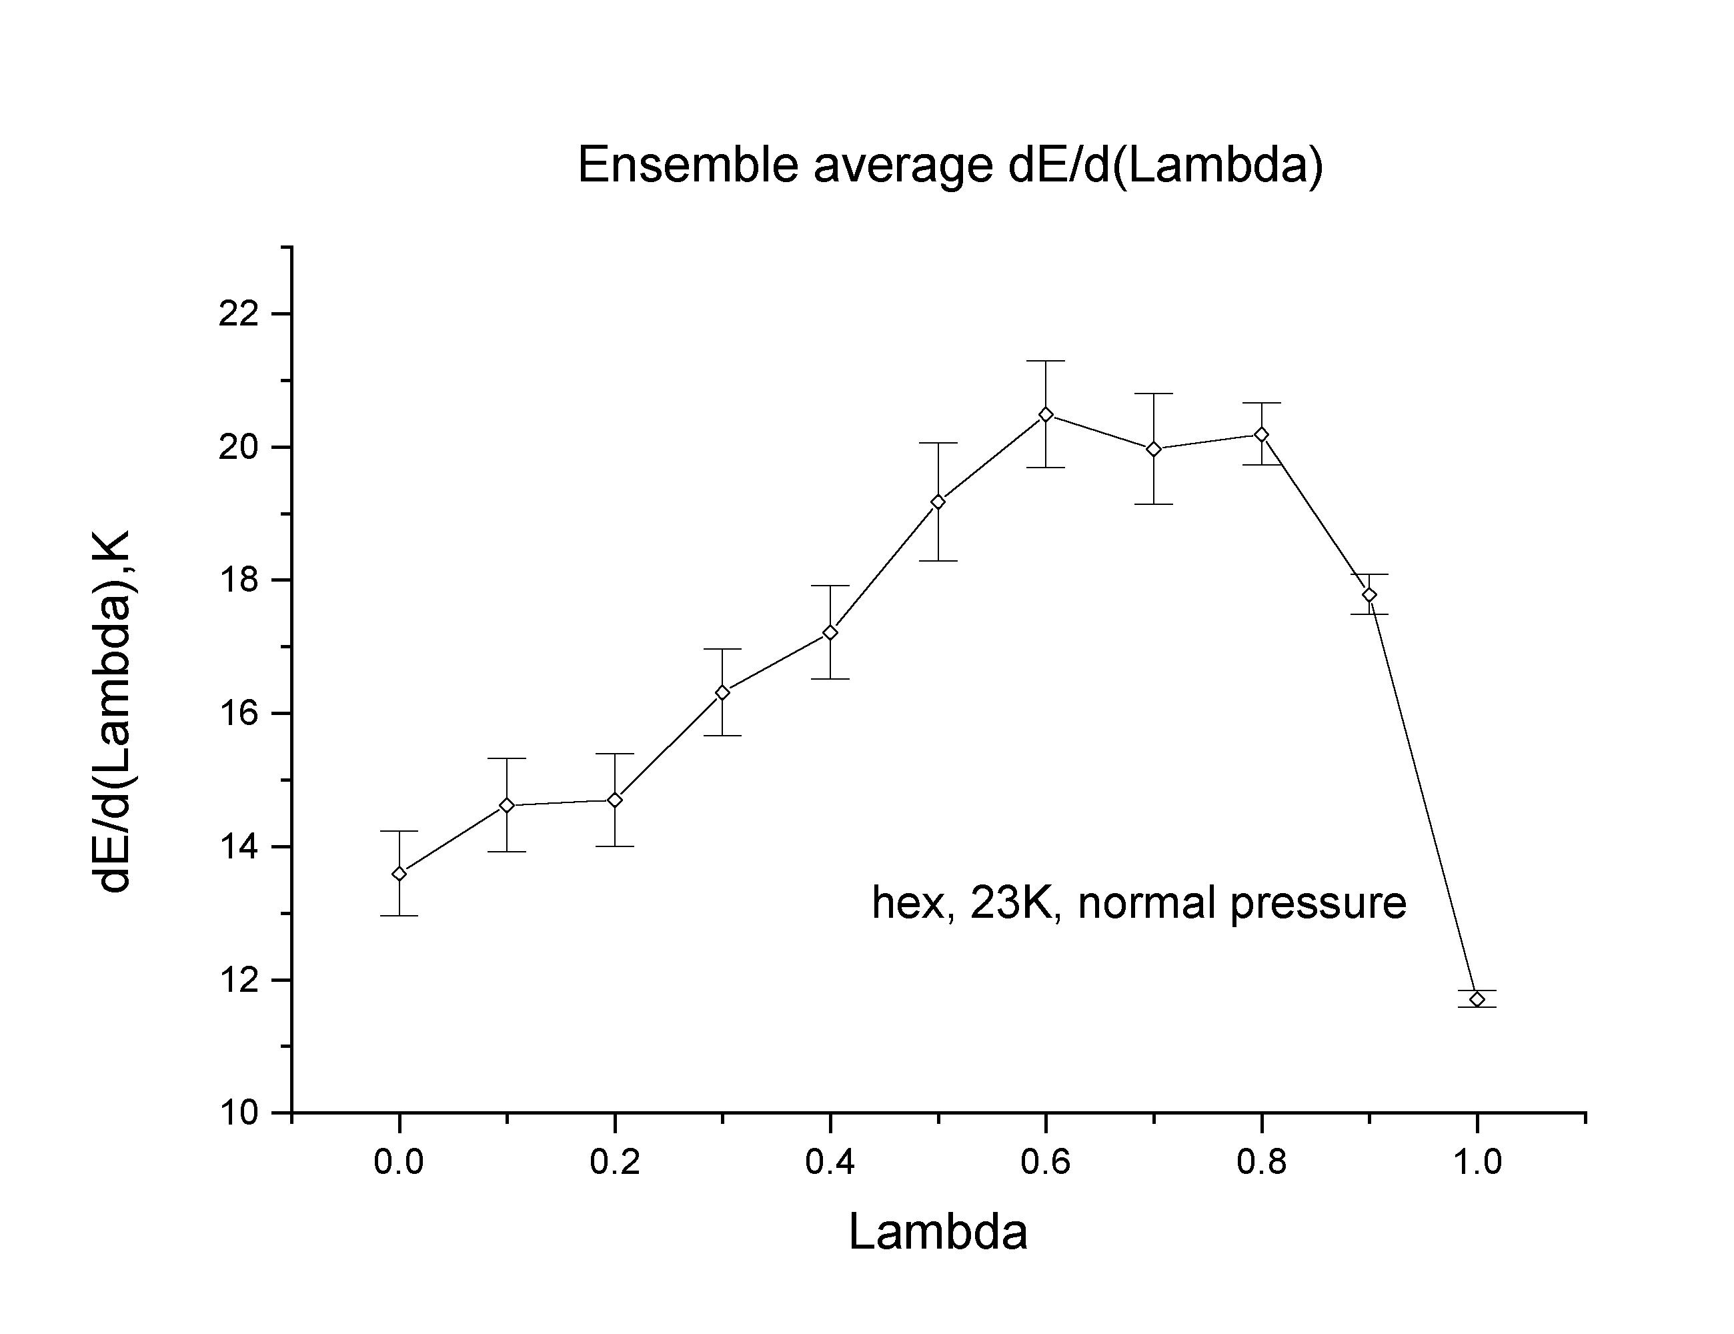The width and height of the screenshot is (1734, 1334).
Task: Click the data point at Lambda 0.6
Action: point(1046,414)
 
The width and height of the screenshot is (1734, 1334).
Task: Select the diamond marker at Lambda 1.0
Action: point(1477,999)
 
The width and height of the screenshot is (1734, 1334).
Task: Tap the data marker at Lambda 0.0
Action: point(399,874)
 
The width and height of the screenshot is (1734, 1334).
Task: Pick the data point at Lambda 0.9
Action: point(1369,595)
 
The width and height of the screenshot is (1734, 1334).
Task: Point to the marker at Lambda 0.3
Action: point(722,692)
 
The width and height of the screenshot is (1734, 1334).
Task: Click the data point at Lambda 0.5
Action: point(938,502)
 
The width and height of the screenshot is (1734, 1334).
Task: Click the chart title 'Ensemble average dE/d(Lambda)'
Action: point(950,165)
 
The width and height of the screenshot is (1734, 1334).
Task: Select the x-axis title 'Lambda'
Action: point(938,1231)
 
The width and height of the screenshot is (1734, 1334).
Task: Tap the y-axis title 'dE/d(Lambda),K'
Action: point(112,712)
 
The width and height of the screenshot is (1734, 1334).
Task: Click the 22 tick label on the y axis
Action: point(238,314)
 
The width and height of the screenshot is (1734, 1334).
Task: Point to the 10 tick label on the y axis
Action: point(238,1113)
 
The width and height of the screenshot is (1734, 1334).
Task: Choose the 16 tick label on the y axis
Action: point(238,714)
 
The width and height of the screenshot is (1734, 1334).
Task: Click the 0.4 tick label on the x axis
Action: point(830,1163)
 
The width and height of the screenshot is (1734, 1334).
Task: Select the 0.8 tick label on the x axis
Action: point(1260,1163)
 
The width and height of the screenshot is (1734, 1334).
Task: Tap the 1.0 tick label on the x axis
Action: point(1477,1163)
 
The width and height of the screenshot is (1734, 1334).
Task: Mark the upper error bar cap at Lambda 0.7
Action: point(1154,394)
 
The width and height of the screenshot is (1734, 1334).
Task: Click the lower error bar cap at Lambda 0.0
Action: point(399,916)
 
